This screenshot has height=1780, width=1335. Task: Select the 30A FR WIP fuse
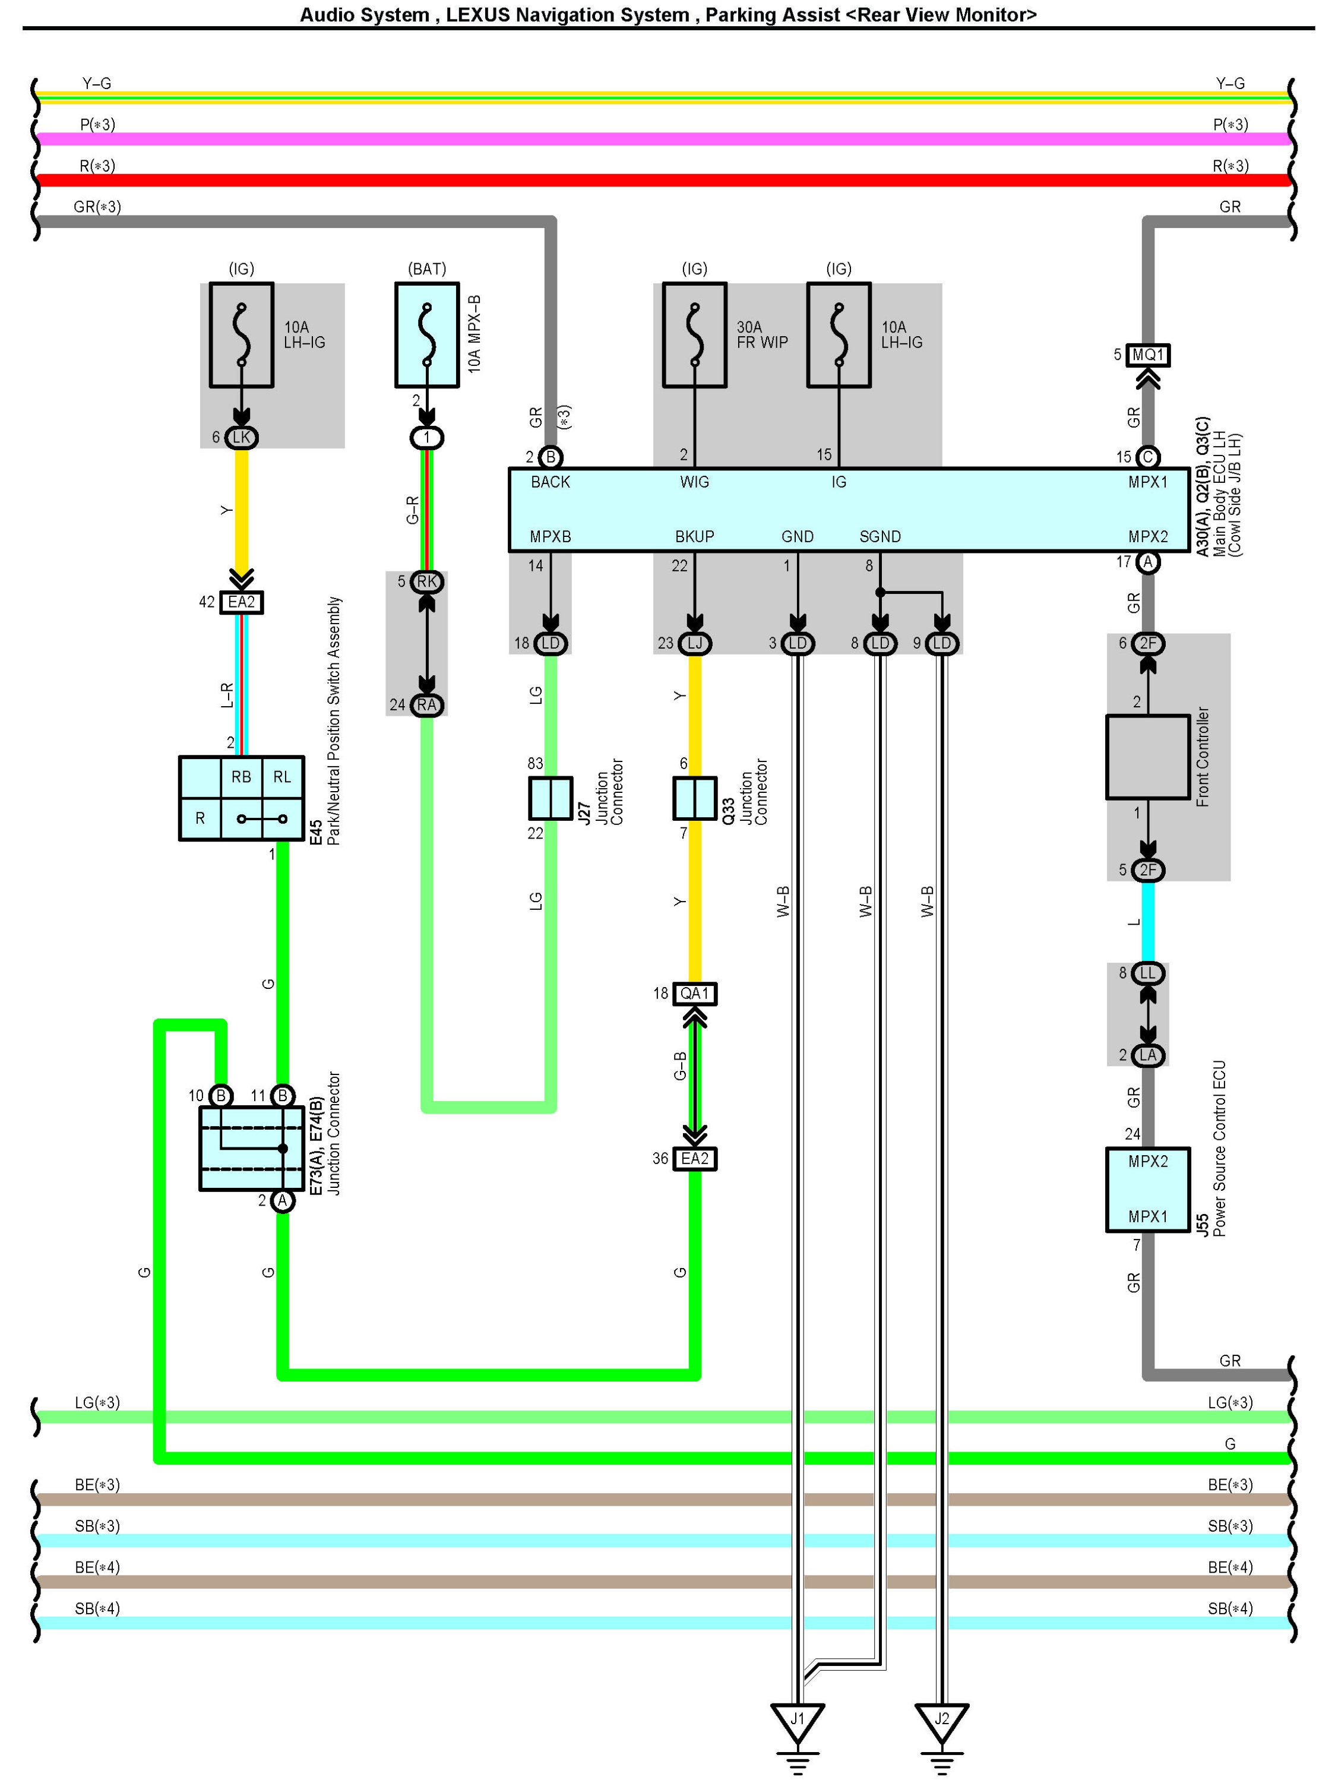tap(694, 335)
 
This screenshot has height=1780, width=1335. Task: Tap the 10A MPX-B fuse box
tap(428, 335)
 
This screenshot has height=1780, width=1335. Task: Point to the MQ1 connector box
tap(1149, 355)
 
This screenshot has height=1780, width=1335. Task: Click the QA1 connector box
tap(694, 993)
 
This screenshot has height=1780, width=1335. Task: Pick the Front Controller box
tap(1149, 757)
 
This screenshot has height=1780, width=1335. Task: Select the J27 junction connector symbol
tap(551, 798)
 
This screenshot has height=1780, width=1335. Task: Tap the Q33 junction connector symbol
tap(694, 798)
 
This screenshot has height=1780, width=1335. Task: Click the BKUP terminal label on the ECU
tap(694, 537)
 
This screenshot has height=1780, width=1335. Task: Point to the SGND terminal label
tap(880, 537)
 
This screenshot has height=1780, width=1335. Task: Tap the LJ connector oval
tap(694, 643)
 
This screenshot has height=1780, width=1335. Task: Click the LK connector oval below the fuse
tap(242, 437)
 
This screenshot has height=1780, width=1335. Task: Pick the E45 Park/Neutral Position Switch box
tap(242, 798)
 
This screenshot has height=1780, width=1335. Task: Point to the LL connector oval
tap(1149, 973)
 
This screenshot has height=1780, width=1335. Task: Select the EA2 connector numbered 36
tap(694, 1158)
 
